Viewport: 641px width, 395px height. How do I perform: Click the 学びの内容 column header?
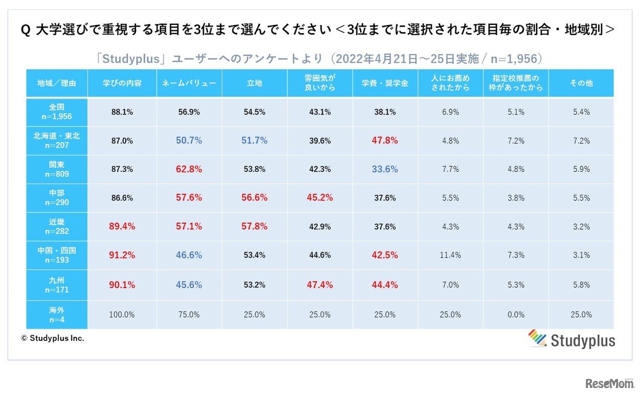(x=122, y=83)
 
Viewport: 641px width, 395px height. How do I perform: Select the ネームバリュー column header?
(x=189, y=83)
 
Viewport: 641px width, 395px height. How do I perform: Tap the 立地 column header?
(x=254, y=83)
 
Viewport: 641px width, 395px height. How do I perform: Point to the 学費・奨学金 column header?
(x=385, y=83)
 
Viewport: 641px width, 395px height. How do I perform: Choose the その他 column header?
(x=581, y=83)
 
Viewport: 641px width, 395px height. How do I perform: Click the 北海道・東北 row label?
(x=57, y=141)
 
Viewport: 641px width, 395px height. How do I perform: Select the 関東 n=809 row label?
(x=57, y=169)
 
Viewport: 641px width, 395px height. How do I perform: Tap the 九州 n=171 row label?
(x=57, y=285)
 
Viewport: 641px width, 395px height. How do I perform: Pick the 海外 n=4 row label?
(x=57, y=314)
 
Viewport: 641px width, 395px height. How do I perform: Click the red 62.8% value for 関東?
(x=189, y=169)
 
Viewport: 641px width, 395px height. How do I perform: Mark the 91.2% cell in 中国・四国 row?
(x=122, y=255)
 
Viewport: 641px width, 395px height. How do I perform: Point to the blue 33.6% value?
(x=385, y=169)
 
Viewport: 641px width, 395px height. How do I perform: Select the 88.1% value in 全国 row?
(x=122, y=112)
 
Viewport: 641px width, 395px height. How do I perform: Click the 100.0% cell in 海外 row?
(x=122, y=315)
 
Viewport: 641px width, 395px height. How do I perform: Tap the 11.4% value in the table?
(x=450, y=255)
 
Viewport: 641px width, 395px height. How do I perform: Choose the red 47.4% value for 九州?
(x=319, y=285)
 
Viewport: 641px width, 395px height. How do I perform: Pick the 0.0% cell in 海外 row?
(x=515, y=315)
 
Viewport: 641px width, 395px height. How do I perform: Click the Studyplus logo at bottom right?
(x=571, y=339)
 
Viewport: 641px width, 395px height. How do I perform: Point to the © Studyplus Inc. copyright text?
(x=52, y=338)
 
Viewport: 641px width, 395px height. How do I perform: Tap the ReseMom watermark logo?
(x=609, y=383)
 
